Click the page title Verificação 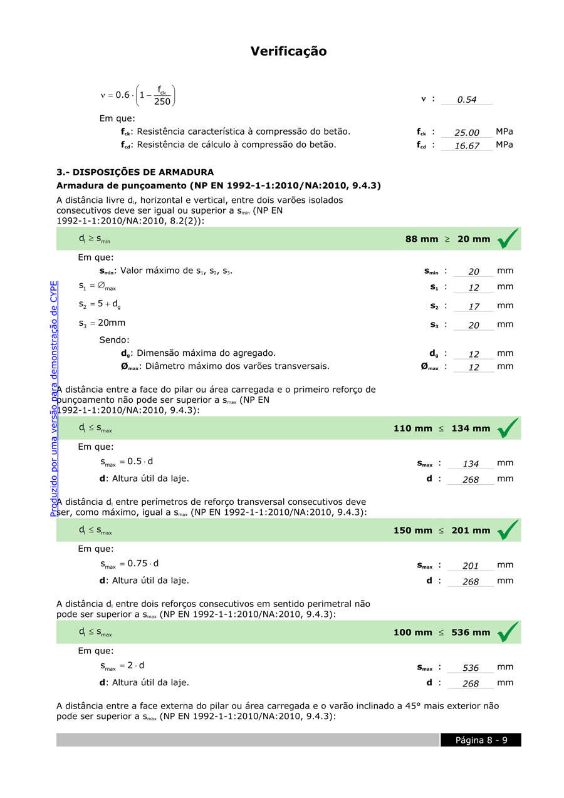pyautogui.click(x=288, y=51)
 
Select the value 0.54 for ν pyautogui.click(x=467, y=100)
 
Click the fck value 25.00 pyautogui.click(x=467, y=133)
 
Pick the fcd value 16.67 pyautogui.click(x=467, y=146)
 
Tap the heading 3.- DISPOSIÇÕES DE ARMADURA pyautogui.click(x=135, y=172)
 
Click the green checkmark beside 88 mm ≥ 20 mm pyautogui.click(x=508, y=239)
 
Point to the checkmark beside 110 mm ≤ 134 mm pyautogui.click(x=508, y=428)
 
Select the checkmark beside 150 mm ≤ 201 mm pyautogui.click(x=508, y=531)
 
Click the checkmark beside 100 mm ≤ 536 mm pyautogui.click(x=508, y=633)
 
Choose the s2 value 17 pyautogui.click(x=474, y=307)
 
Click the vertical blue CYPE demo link pyautogui.click(x=54, y=398)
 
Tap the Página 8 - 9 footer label pyautogui.click(x=481, y=740)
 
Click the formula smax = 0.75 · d pyautogui.click(x=129, y=564)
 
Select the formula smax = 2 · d pyautogui.click(x=122, y=666)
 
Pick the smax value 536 pyautogui.click(x=471, y=668)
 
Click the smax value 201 pyautogui.click(x=471, y=566)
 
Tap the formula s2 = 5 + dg pyautogui.click(x=100, y=304)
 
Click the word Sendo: pyautogui.click(x=114, y=340)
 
